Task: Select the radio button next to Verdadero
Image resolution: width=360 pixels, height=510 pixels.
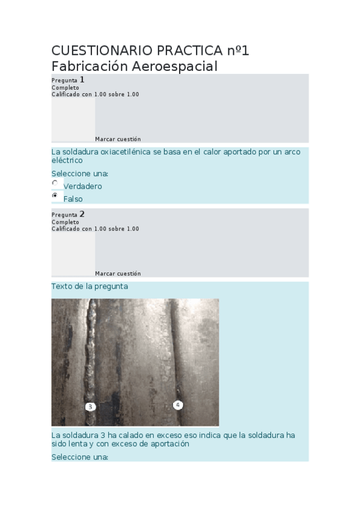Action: coord(55,183)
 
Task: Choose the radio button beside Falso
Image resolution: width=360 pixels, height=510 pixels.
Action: coord(55,195)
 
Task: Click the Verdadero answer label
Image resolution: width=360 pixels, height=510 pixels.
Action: coord(83,186)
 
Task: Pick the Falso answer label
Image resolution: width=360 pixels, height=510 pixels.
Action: coord(73,199)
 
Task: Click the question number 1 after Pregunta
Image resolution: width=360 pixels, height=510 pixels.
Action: coord(82,79)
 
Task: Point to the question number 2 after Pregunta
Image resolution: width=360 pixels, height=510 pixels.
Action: coord(82,214)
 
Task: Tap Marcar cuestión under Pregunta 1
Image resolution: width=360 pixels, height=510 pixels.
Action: coord(118,139)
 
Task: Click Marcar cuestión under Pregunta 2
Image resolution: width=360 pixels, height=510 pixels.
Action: coord(118,274)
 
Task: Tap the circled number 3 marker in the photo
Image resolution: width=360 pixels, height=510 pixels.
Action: coord(90,407)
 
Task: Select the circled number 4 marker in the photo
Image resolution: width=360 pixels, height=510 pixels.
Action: coord(178,405)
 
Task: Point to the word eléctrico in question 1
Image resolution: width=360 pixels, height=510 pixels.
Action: coord(67,161)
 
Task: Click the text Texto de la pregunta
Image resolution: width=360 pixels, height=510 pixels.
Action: coord(90,287)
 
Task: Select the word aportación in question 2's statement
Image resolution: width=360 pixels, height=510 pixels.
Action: coord(170,444)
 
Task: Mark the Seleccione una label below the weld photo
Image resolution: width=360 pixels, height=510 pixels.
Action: coord(80,457)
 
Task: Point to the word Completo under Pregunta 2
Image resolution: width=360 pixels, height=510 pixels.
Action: coord(65,222)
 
